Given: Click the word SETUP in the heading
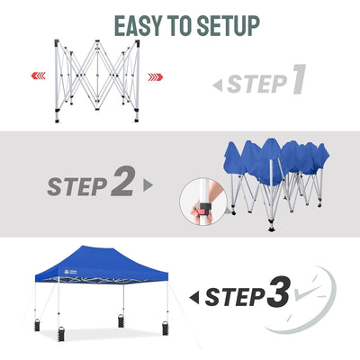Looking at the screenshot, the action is click(229, 26).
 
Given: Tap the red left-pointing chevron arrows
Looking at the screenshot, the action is click(39, 76).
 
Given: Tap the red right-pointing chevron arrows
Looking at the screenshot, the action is click(156, 77).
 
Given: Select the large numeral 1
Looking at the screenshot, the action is click(299, 79).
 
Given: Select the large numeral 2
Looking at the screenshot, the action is click(122, 181).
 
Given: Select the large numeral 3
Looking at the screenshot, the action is click(279, 292).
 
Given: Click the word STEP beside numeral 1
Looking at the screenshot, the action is click(256, 84).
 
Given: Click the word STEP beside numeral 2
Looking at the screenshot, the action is click(77, 186).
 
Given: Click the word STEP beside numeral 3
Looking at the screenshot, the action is click(235, 297).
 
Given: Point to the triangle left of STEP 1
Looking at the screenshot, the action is click(218, 85).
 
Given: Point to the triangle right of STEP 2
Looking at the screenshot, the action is click(148, 185).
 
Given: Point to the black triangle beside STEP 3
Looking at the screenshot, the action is click(194, 297).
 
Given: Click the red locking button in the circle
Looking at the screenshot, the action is click(202, 211).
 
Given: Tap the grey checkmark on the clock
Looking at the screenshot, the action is click(307, 292).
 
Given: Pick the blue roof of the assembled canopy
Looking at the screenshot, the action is click(102, 264).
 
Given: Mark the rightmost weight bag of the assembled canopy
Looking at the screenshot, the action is click(165, 328).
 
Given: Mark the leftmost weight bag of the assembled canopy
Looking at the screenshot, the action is click(37, 325).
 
